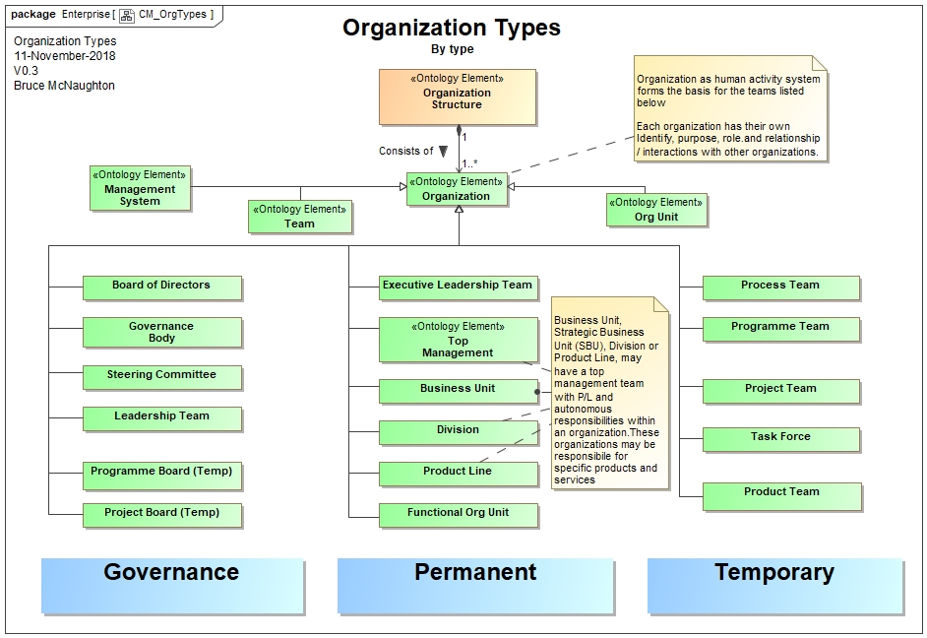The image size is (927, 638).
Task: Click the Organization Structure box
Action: pyautogui.click(x=457, y=96)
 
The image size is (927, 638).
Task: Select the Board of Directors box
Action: pyautogui.click(x=161, y=287)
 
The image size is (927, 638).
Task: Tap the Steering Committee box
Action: pyautogui.click(x=161, y=376)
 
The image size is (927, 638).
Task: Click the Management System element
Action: pyautogui.click(x=140, y=188)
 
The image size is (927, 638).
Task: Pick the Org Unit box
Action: pyautogui.click(x=656, y=210)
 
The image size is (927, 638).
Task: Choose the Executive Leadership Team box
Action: pyautogui.click(x=458, y=287)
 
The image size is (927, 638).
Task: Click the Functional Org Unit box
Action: pyautogui.click(x=458, y=513)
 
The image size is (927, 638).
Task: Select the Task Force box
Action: pyautogui.click(x=780, y=438)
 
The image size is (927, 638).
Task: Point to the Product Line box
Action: pyautogui.click(x=458, y=473)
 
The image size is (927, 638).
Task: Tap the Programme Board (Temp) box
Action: pyautogui.click(x=161, y=474)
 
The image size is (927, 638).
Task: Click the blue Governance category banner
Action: pyautogui.click(x=171, y=585)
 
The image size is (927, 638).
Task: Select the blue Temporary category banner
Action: pyautogui.click(x=773, y=585)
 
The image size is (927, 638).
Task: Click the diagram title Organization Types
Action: pyautogui.click(x=452, y=28)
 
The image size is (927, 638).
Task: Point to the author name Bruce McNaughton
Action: pyautogui.click(x=64, y=86)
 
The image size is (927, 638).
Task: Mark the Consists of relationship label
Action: pyautogui.click(x=405, y=151)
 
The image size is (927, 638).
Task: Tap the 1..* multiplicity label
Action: pyautogui.click(x=470, y=163)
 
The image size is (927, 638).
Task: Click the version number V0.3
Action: pyautogui.click(x=27, y=71)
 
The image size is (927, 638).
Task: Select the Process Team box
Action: pyautogui.click(x=780, y=287)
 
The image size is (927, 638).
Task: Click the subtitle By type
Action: pyautogui.click(x=452, y=49)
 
